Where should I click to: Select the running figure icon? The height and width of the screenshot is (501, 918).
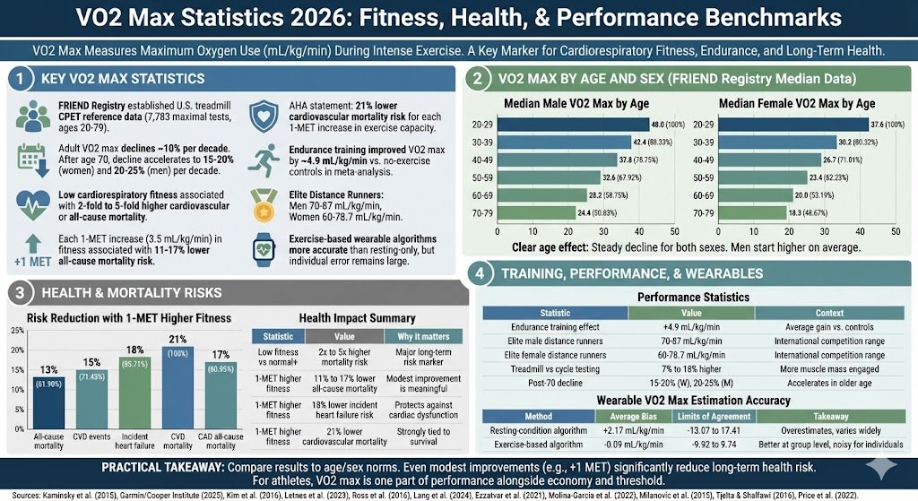tap(259, 161)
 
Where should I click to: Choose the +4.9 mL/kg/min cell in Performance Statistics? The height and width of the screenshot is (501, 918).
tap(690, 327)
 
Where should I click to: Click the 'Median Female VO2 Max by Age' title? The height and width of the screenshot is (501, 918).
tap(796, 103)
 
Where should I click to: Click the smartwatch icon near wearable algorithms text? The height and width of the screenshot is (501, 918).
tap(259, 244)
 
